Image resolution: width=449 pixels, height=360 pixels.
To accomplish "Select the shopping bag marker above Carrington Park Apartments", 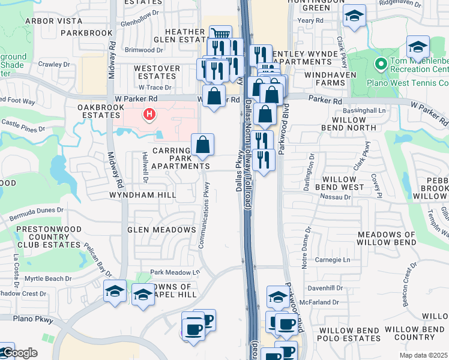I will click(x=203, y=144).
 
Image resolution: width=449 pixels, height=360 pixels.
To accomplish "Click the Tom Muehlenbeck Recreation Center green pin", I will click(x=380, y=63).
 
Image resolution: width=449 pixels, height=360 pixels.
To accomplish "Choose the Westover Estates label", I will click(x=156, y=73).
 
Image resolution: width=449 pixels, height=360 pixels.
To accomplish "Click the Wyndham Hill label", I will click(x=142, y=195).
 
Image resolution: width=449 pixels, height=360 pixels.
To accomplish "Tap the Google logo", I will click(x=19, y=353).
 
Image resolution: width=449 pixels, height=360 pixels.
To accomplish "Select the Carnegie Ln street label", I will click(x=334, y=260).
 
